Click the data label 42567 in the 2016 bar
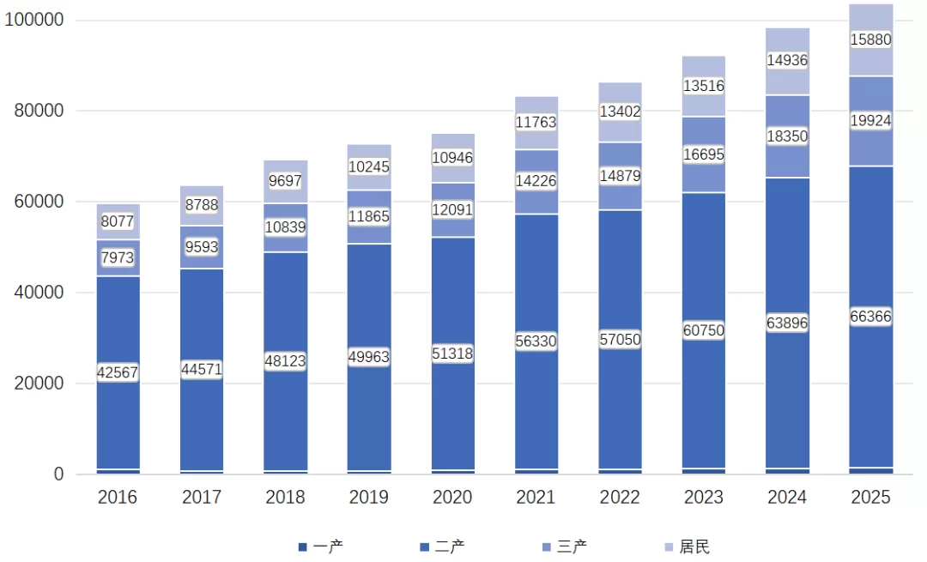point(118,373)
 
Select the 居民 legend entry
point(686,547)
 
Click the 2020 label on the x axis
point(452,498)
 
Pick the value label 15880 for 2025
point(871,39)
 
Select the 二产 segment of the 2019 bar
point(369,412)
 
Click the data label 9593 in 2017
point(202,247)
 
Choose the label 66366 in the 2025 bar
point(871,317)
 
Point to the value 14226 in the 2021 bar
point(536,182)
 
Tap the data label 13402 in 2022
point(620,112)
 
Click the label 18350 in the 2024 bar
point(787,136)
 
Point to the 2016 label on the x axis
point(118,498)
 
